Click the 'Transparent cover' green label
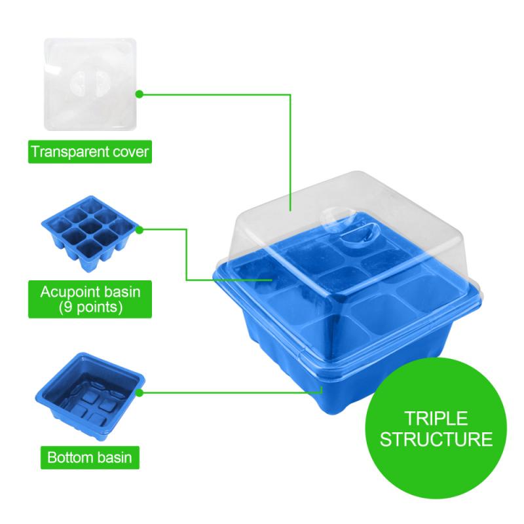click(90, 153)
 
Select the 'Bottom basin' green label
click(90, 457)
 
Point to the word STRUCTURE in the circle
click(436, 440)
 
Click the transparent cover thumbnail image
click(90, 84)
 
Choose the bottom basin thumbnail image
click(89, 390)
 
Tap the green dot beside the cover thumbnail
click(139, 94)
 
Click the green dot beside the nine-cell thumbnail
click(139, 229)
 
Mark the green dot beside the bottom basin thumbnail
click(140, 392)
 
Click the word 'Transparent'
click(69, 153)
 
